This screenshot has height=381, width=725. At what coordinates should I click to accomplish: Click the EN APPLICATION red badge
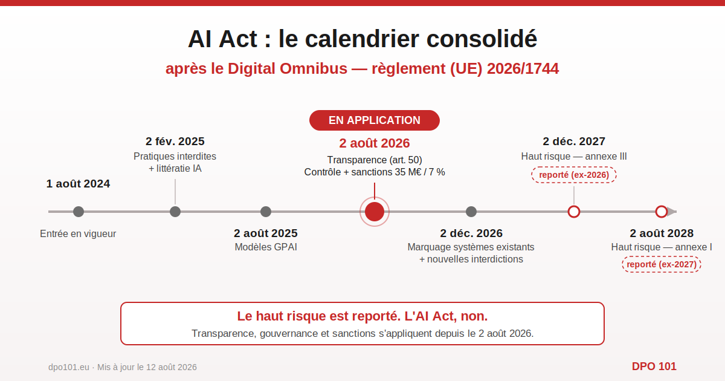coord(375,120)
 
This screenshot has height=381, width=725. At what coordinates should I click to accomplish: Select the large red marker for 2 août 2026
coord(375,212)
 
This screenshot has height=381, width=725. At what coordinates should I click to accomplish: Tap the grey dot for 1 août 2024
coord(79,212)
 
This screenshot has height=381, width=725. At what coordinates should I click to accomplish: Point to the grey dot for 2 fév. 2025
coord(175,212)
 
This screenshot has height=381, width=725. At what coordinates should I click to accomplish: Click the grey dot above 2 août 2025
coord(266,212)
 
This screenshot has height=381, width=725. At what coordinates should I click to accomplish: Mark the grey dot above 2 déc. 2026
coord(471,212)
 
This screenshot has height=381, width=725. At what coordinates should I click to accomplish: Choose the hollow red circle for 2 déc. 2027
coord(574,206)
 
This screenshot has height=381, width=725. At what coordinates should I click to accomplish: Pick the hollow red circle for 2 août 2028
coord(661,206)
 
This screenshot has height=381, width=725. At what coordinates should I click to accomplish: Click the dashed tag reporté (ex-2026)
coord(574,175)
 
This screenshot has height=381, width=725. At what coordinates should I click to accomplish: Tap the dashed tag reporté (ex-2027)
coord(662,264)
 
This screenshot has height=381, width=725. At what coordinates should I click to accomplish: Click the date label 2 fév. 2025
coord(175,142)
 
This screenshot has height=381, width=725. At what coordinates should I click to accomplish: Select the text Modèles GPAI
coord(266,247)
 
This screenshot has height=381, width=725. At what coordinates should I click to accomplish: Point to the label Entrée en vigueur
coord(78,233)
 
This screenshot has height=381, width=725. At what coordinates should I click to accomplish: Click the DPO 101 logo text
coord(654,366)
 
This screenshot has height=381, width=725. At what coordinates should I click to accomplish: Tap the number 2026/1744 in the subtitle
coord(523,69)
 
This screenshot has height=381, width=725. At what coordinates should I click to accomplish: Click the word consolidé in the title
coord(482,39)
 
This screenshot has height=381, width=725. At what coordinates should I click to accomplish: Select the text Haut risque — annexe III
coord(574,157)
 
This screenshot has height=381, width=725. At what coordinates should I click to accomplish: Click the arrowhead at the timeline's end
coord(672,212)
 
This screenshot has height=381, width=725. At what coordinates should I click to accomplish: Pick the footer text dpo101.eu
coord(69,367)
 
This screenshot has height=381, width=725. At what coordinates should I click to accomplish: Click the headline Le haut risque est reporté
coord(319,316)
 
